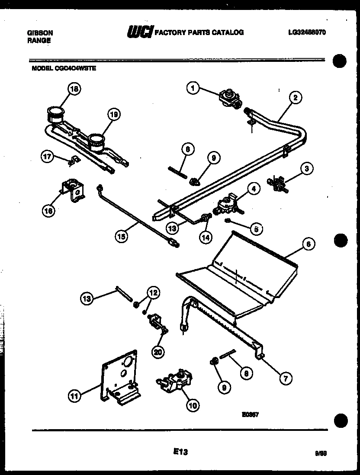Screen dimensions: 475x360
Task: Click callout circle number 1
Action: coord(193,88)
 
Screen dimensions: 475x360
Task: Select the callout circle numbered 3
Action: coord(306,169)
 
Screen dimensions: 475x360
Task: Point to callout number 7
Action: coord(285,379)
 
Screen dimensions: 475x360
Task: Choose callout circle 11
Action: coord(75,395)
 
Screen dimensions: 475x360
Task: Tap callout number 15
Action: coord(122,236)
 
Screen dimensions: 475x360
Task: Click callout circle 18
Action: coord(74,89)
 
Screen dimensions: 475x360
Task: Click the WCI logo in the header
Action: coord(139,32)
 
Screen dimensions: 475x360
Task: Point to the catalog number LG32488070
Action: coord(306,32)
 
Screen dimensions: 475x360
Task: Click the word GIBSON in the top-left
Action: coord(40,32)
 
